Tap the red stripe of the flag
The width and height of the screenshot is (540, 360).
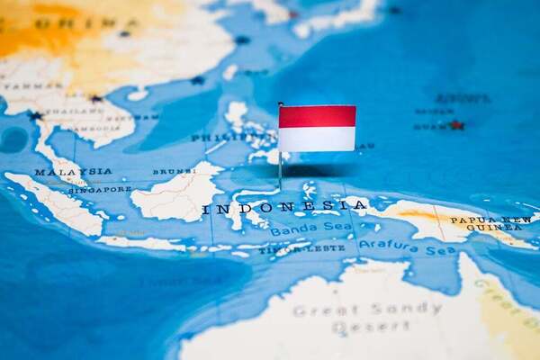tap(317, 116)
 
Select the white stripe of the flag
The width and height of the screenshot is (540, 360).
tap(317, 139)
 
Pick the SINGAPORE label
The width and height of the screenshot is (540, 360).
tap(98, 189)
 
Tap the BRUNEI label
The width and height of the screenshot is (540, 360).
tap(173, 172)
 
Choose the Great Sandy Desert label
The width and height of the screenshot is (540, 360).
tap(366, 318)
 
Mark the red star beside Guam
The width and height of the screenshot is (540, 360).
tap(456, 125)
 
